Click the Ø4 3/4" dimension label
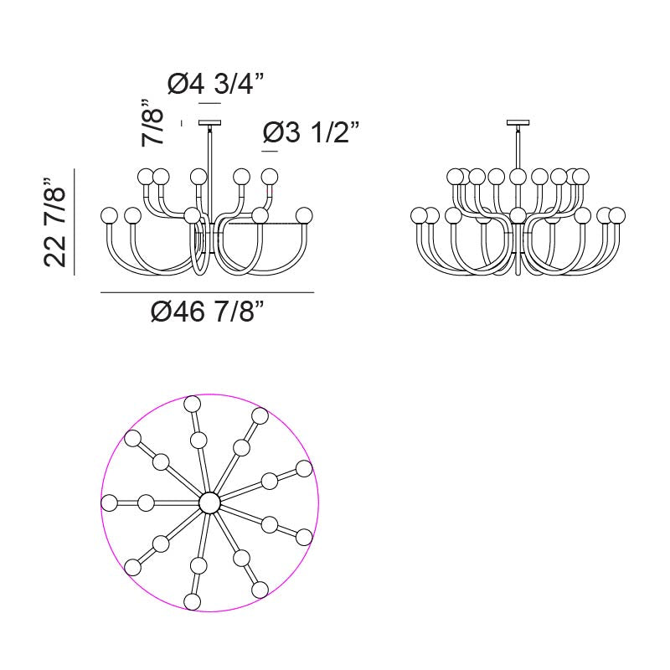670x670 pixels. pyautogui.click(x=216, y=84)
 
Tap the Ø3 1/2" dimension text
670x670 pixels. pyautogui.click(x=311, y=132)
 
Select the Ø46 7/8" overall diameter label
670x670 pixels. pyautogui.click(x=208, y=311)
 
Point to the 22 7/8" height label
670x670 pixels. pyautogui.click(x=54, y=222)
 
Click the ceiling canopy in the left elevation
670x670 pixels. pyautogui.click(x=210, y=122)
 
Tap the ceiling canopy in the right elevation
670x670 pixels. pyautogui.click(x=518, y=122)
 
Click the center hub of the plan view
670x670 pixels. pyautogui.click(x=209, y=502)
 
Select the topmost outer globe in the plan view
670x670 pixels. pyautogui.click(x=193, y=404)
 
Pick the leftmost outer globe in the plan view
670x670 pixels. pyautogui.click(x=110, y=503)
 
